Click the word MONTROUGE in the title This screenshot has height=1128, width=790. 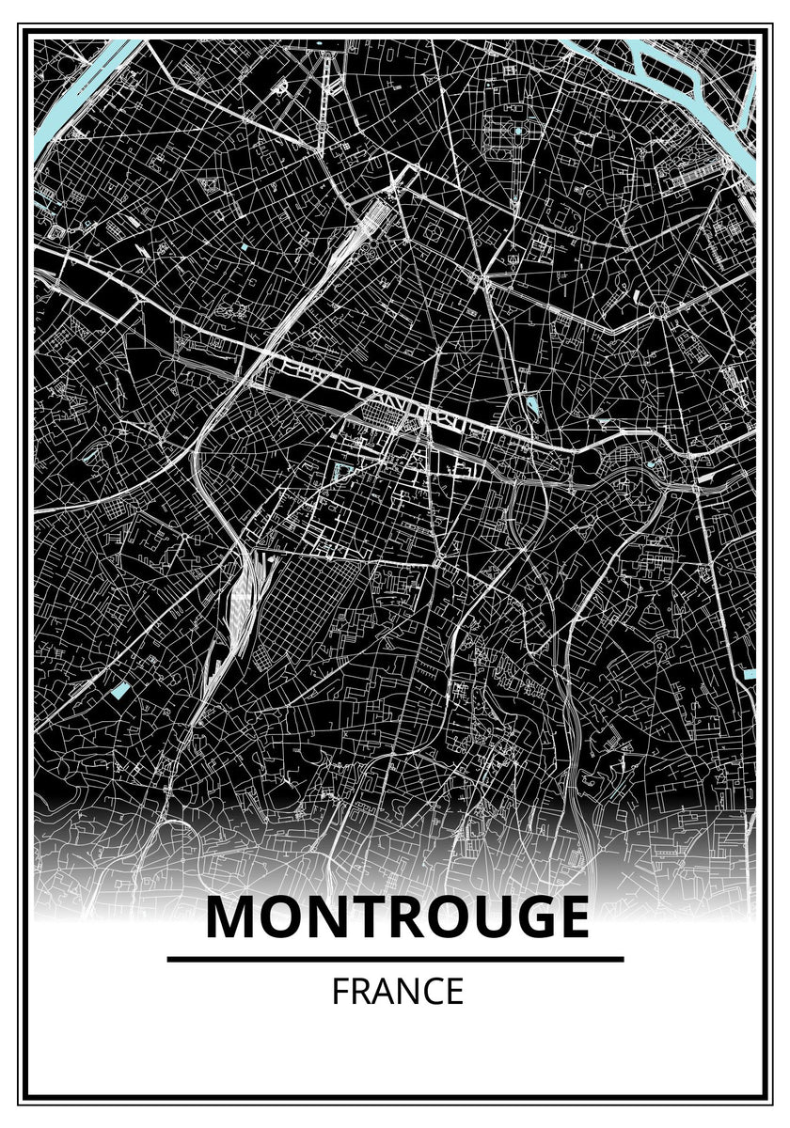(396, 918)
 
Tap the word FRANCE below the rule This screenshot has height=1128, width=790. (397, 992)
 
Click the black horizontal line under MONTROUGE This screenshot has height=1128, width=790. (395, 959)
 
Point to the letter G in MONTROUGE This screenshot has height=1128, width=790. (523, 918)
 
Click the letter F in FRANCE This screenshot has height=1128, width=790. (340, 992)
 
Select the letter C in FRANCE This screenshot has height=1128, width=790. (431, 992)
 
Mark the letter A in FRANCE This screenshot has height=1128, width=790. (382, 992)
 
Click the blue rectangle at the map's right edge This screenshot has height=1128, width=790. (750, 673)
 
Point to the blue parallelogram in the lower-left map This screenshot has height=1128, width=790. (119, 691)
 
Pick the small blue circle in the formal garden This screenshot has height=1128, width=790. (516, 132)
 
